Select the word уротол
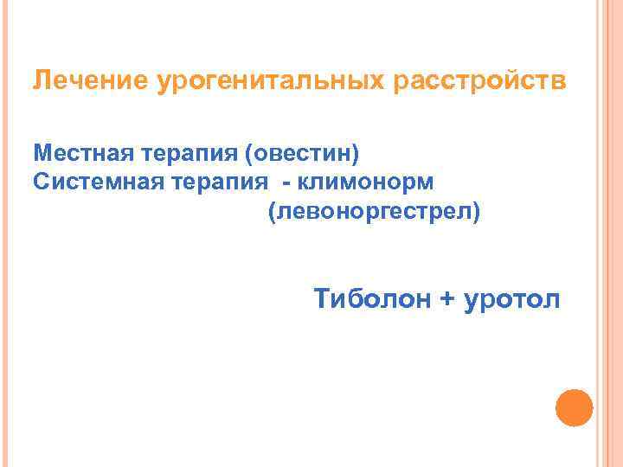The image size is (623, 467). coord(512,300)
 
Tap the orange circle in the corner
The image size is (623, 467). coord(574,406)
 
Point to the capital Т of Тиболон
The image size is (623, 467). coord(322,299)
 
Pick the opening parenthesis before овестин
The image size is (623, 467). coord(250,154)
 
